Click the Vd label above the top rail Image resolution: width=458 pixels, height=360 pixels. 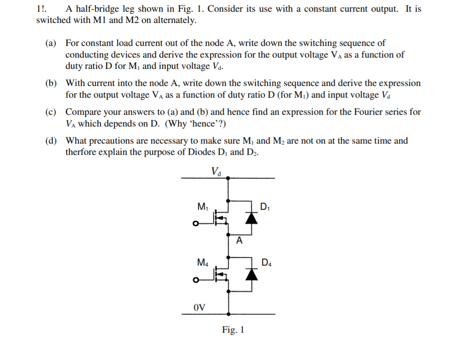[216, 171]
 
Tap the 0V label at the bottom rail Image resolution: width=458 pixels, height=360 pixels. [199, 307]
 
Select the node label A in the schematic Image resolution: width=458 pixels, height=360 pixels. [239, 241]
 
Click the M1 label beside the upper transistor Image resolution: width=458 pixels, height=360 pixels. [203, 207]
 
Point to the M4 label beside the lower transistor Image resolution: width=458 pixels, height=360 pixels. [203, 262]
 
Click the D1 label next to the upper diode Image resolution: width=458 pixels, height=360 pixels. [265, 207]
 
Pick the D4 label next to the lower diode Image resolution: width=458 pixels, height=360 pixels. [266, 262]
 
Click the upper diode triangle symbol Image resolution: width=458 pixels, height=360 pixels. [252, 218]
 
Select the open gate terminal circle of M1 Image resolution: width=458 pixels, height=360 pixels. [195, 225]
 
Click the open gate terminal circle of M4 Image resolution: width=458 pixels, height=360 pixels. [195, 280]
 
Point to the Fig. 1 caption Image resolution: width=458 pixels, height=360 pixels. [233, 330]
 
